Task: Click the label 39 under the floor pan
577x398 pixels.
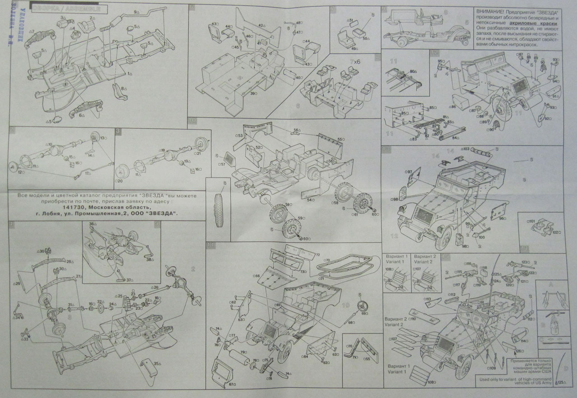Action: pyautogui.click(x=254, y=93)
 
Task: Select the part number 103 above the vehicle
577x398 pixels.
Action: pyautogui.click(x=465, y=148)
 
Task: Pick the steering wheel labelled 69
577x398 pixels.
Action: pyautogui.click(x=360, y=307)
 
